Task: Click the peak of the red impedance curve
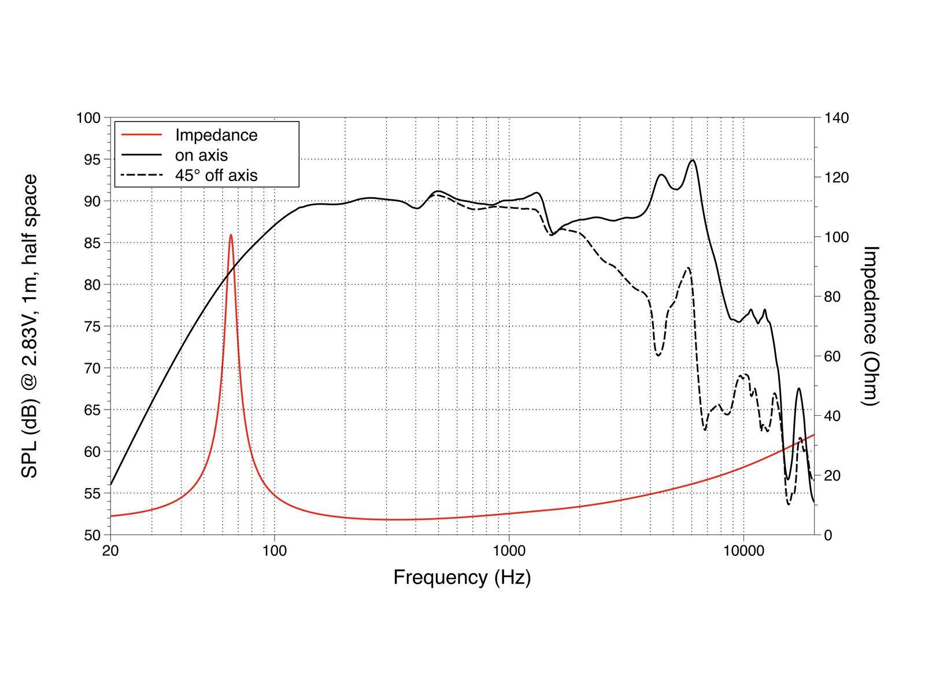231,235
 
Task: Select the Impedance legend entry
216,135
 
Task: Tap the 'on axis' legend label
201,155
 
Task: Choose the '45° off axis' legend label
216,175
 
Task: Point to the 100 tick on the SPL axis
88,118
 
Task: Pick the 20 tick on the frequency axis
110,551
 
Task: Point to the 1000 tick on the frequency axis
509,551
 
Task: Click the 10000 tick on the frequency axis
743,551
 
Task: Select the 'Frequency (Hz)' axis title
462,577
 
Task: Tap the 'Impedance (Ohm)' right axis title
870,326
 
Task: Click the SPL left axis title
29,326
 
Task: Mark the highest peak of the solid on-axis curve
692,160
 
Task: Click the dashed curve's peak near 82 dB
688,268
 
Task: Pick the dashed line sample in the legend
141,175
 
